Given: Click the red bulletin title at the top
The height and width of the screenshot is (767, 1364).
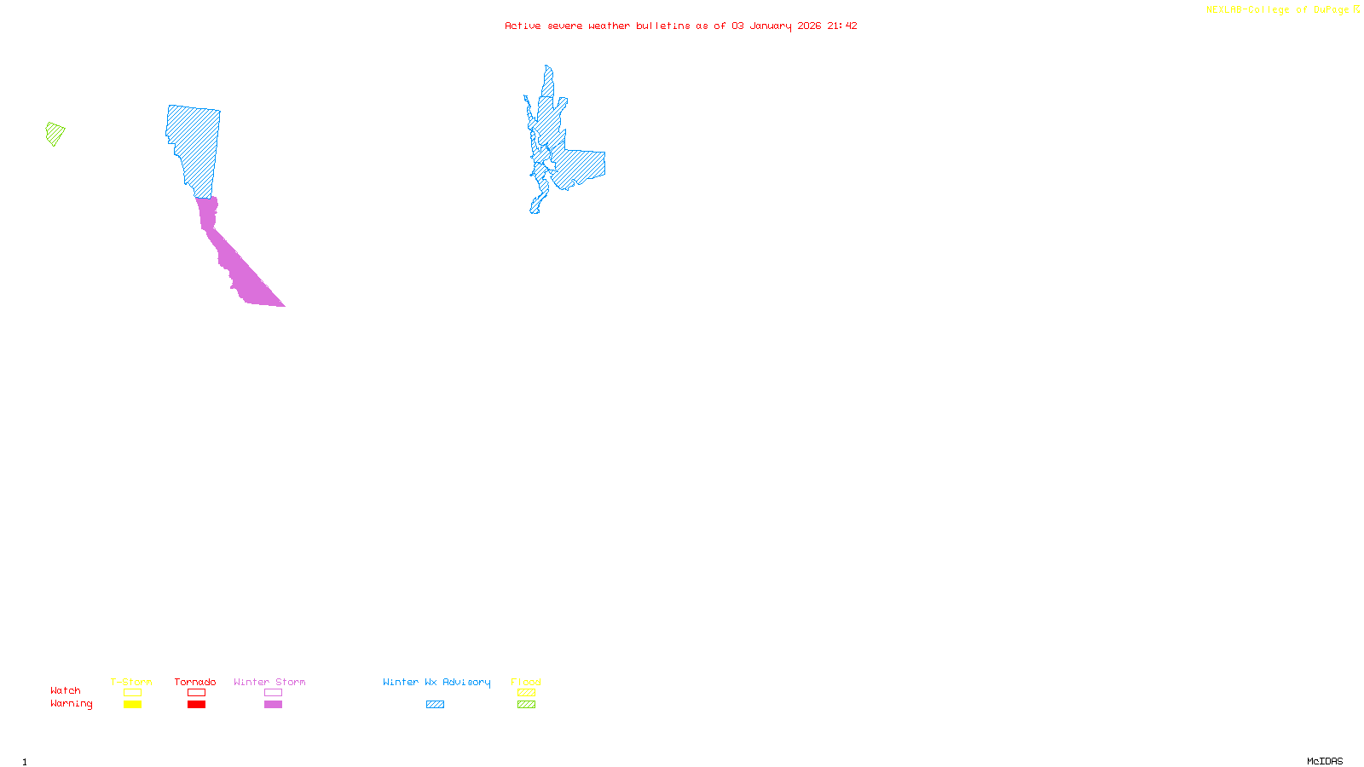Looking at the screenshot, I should [680, 26].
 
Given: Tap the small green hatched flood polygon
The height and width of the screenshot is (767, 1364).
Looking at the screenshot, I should [55, 134].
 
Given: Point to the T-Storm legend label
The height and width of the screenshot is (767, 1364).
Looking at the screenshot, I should [131, 682].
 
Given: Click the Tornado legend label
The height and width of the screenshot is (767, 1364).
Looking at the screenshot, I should [195, 682].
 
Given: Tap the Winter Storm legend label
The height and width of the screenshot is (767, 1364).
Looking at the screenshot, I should [269, 682].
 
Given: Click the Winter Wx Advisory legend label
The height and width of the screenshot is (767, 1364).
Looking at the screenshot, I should [436, 682].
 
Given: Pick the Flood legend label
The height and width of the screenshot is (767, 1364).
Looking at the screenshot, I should [526, 682].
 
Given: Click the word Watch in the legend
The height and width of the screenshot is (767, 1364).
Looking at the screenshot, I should [66, 690].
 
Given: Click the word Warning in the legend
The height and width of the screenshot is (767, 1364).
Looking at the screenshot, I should [72, 704].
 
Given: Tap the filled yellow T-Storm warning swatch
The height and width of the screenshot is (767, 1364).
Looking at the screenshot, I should [132, 705].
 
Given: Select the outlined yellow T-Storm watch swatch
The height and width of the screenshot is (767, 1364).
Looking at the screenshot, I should [132, 693].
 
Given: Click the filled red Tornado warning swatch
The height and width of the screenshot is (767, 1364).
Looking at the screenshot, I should [196, 705].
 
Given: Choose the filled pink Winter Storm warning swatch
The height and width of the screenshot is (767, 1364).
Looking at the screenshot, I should [273, 705].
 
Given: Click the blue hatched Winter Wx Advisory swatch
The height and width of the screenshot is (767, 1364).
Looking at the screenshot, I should [435, 705].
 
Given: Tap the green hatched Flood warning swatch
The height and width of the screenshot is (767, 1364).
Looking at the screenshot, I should [526, 705].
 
